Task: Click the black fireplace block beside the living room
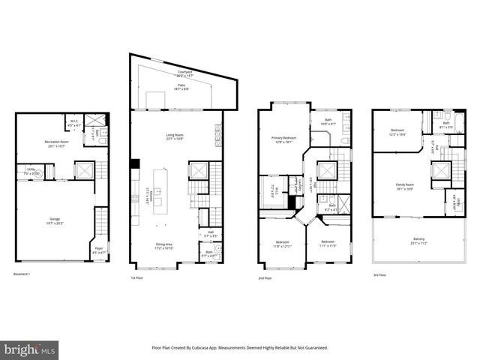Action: coord(134,164)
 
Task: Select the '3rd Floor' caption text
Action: coord(380,274)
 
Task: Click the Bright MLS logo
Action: coord(30,350)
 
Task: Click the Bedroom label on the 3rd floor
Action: coord(397,132)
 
